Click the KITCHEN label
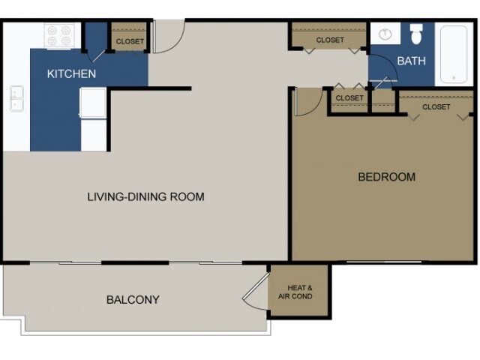click(x=71, y=73)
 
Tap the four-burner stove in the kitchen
click(x=59, y=36)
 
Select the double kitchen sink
click(x=16, y=98)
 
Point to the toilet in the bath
click(x=416, y=34)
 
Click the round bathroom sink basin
click(x=385, y=34)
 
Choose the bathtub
click(x=454, y=55)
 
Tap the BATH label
click(x=412, y=61)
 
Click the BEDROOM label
click(x=387, y=177)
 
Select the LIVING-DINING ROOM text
click(x=146, y=196)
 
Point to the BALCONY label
click(x=133, y=299)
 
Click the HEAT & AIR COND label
click(x=295, y=292)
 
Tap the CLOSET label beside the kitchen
click(x=130, y=41)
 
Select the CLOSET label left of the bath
click(x=330, y=40)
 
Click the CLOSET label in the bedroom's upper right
click(x=436, y=106)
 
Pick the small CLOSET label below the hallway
click(x=349, y=98)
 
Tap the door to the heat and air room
click(x=256, y=291)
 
